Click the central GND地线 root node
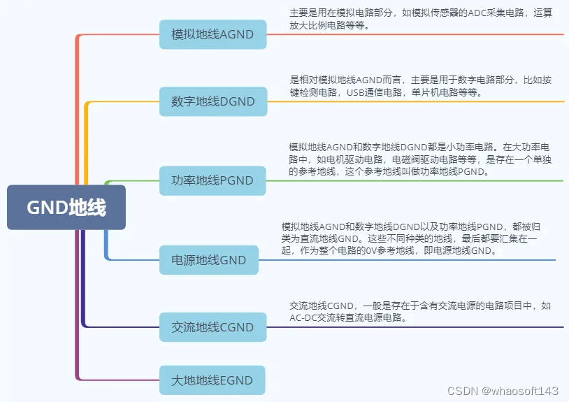(x=66, y=208)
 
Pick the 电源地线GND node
(x=208, y=260)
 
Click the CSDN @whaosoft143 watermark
(x=503, y=390)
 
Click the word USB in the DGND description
(x=356, y=92)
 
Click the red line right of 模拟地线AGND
(x=419, y=34)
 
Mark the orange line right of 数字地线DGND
(x=419, y=101)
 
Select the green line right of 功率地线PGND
(x=419, y=180)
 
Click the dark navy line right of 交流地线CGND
(x=419, y=327)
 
